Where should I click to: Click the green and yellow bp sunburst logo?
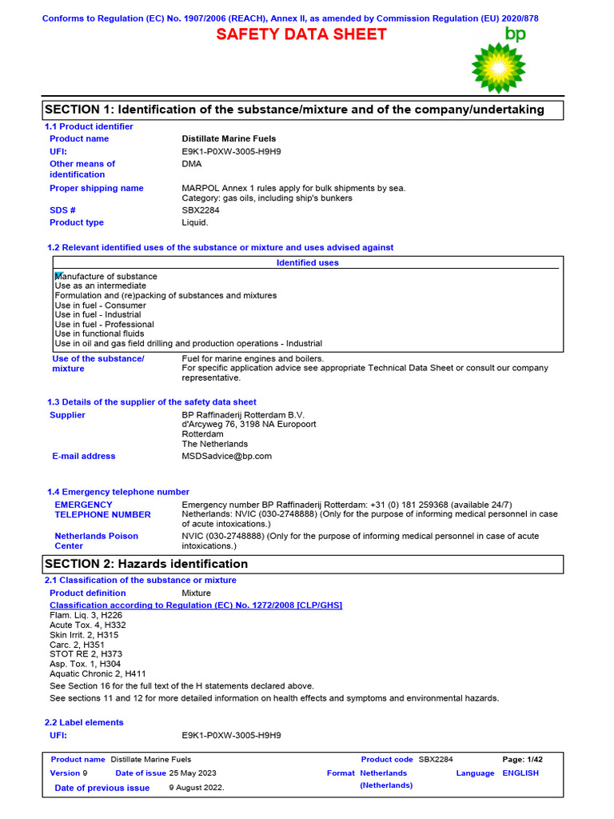coord(500,68)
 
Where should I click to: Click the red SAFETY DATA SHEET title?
coord(301,34)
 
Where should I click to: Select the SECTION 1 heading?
coord(294,110)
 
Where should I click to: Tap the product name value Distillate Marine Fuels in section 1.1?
coord(229,139)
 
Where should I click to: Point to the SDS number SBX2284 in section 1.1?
coord(201,210)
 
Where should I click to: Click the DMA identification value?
coord(192,164)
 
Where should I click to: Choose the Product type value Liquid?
coord(195,223)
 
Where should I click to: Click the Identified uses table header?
coord(307,263)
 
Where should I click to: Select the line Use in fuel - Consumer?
coord(100,306)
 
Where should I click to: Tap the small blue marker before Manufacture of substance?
coord(58,275)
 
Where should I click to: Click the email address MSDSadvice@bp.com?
coord(226,457)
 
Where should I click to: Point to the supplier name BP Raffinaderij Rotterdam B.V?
coord(243,416)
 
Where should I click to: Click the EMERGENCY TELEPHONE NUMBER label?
coord(102,510)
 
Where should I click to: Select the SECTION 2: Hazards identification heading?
coord(146,565)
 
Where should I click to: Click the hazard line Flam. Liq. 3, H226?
coord(86,616)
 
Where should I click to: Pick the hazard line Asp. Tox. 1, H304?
coord(85,664)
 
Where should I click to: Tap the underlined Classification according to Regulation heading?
coord(196,605)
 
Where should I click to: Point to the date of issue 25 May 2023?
coord(192,773)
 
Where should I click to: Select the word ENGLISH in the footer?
coord(520,773)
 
